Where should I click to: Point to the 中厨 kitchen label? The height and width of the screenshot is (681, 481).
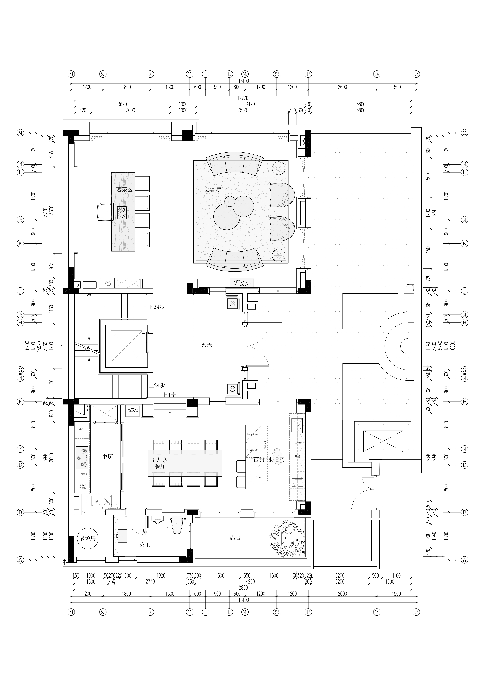pyautogui.click(x=107, y=457)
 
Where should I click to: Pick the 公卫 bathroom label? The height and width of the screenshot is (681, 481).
pyautogui.click(x=145, y=545)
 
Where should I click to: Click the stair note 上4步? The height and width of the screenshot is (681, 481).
pyautogui.click(x=169, y=395)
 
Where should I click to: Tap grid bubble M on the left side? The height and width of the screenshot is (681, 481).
pyautogui.click(x=20, y=133)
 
